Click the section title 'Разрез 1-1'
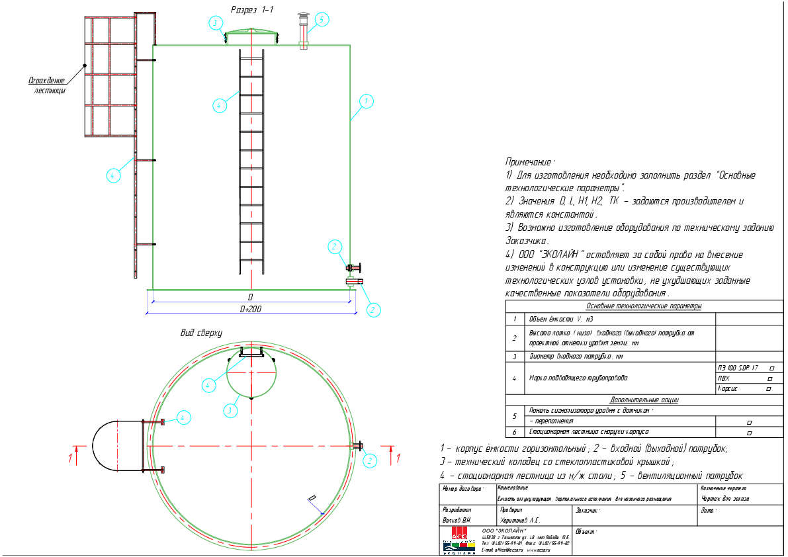[x=253, y=9]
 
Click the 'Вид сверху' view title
[x=201, y=332]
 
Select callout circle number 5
[x=321, y=20]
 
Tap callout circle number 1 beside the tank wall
[x=365, y=101]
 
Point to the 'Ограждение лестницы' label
[x=47, y=85]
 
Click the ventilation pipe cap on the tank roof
[x=303, y=16]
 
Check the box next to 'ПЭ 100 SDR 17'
[x=772, y=368]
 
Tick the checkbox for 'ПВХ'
[x=769, y=378]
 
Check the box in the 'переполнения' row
[x=749, y=421]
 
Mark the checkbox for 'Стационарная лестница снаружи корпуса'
[x=749, y=433]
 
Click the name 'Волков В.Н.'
[x=457, y=521]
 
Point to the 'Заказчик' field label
[x=588, y=511]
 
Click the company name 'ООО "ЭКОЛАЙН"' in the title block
[x=505, y=531]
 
